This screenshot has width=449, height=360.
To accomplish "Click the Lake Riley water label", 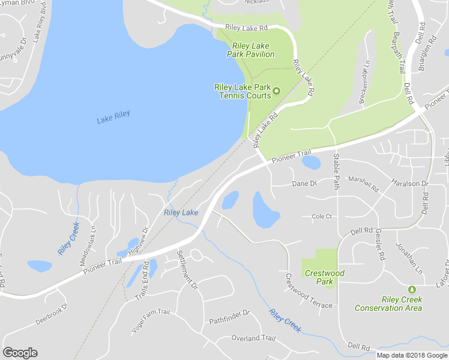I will click(x=113, y=117).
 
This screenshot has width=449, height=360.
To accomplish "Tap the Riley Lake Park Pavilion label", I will click(x=251, y=50).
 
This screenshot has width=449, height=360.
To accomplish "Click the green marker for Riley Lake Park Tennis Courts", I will click(x=277, y=91).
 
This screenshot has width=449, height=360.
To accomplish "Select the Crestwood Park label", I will click(x=325, y=277).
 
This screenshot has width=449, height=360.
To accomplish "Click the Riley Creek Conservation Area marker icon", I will click(x=412, y=290).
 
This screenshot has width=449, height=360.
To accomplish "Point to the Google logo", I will click(x=20, y=353).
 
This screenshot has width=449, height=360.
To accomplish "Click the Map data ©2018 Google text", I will click(x=411, y=355).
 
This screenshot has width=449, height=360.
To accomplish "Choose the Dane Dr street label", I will click(x=304, y=184).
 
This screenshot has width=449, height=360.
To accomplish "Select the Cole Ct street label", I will click(x=321, y=217).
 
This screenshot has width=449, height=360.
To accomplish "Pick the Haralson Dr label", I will click(x=411, y=183).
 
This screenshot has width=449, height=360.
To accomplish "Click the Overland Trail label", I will click(x=253, y=338).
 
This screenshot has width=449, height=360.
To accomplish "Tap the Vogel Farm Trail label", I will click(x=151, y=322).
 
